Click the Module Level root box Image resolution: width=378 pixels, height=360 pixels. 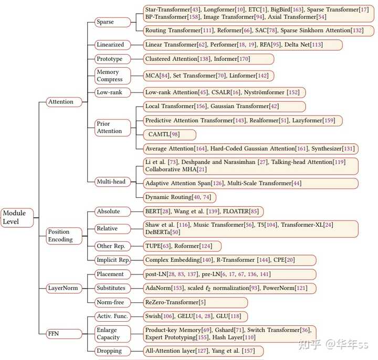(x=17, y=218)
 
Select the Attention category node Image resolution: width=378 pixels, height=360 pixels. (x=64, y=102)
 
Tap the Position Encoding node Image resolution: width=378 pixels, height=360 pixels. (x=64, y=236)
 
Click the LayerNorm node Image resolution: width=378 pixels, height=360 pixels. (x=64, y=288)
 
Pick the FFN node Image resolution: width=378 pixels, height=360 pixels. (x=64, y=334)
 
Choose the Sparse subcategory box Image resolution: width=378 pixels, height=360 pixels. (x=112, y=22)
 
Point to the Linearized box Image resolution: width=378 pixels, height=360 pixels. (x=112, y=45)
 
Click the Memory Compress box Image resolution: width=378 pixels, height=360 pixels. (x=112, y=76)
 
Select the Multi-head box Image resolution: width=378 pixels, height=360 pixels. (x=112, y=182)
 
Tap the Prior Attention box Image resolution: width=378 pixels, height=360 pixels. (x=112, y=128)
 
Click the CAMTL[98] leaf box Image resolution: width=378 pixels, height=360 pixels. (x=170, y=135)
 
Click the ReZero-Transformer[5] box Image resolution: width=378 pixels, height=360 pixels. (x=195, y=302)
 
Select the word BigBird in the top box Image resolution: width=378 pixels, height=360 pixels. (x=280, y=9)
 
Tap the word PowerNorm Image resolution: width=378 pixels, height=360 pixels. (x=278, y=288)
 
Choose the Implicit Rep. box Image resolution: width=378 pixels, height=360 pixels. (x=112, y=260)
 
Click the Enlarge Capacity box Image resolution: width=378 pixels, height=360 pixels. (x=112, y=334)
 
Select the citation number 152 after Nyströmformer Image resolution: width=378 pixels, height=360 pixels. (x=293, y=92)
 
